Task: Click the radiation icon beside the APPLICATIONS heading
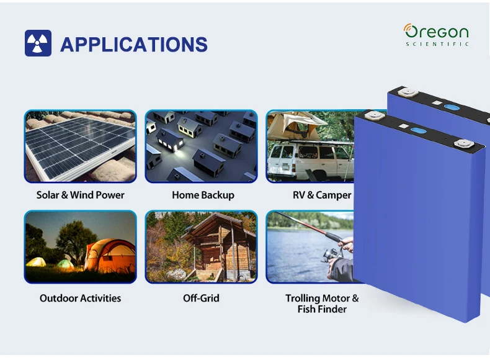(38, 43)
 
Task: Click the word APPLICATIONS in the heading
(134, 45)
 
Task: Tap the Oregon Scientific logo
(436, 35)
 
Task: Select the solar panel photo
(80, 146)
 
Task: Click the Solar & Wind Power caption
(80, 195)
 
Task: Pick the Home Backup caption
(203, 195)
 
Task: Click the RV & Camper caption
(322, 195)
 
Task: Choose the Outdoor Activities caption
(80, 298)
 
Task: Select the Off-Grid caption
(201, 298)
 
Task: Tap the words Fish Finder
(322, 309)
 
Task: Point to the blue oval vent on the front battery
(418, 130)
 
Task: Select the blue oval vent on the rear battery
(452, 107)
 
